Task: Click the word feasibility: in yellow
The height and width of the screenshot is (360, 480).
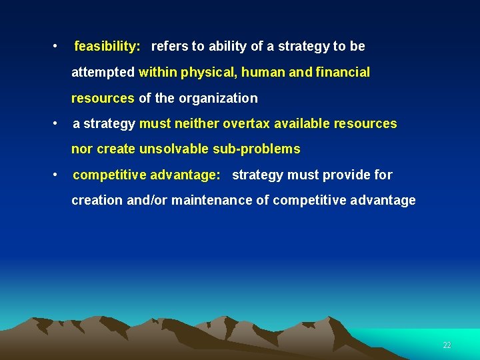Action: pos(107,47)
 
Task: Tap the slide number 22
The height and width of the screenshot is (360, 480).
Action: pos(447,345)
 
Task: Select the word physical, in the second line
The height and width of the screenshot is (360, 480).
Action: pos(203,73)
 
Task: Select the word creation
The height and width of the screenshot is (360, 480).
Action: pos(95,200)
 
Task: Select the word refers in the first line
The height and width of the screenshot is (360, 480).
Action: pos(169,47)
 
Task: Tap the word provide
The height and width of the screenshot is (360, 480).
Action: pos(349,175)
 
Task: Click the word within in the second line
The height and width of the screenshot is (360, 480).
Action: pos(157,72)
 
